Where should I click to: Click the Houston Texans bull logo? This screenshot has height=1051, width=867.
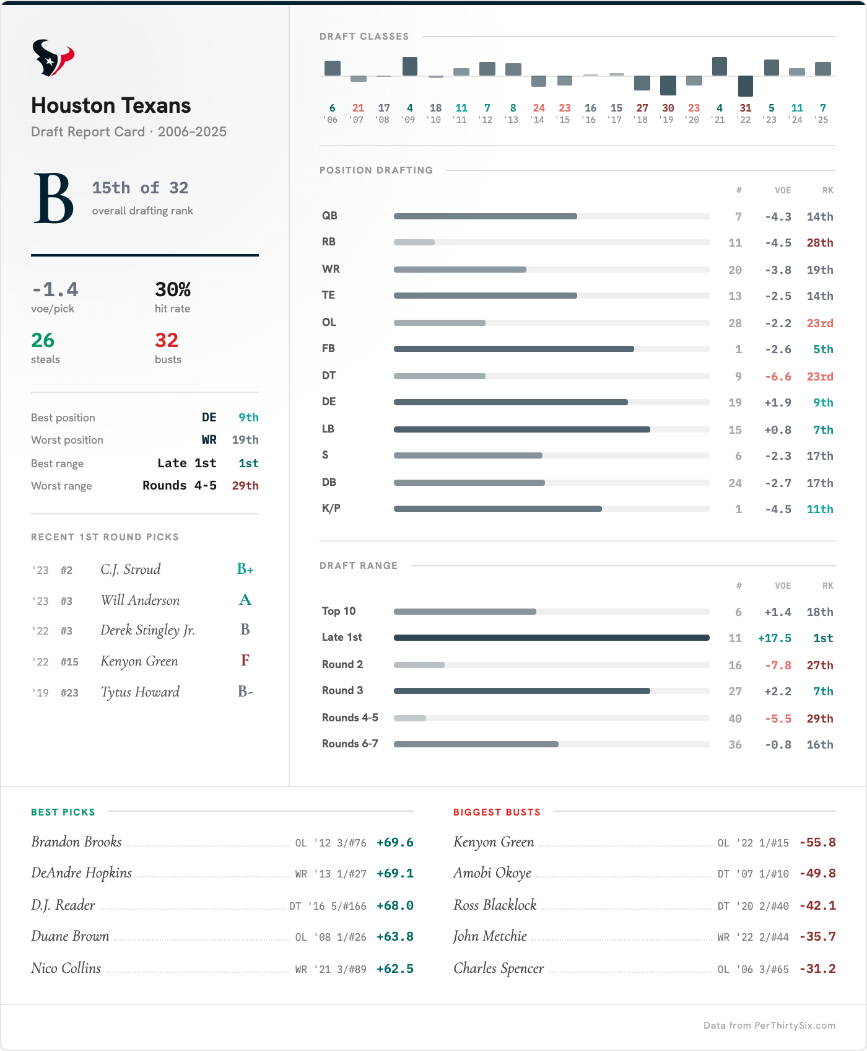(x=53, y=58)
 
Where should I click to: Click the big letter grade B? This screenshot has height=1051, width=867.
(x=53, y=198)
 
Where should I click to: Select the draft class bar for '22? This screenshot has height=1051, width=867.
(x=746, y=86)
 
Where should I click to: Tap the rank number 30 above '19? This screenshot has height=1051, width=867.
(x=668, y=108)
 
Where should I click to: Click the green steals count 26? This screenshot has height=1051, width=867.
(x=43, y=340)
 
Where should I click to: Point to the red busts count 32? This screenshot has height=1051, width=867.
(x=167, y=340)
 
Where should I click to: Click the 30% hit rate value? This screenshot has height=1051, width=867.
(x=172, y=289)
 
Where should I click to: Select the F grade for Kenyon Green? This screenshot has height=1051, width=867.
(x=245, y=661)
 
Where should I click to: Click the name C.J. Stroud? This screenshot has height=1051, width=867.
(x=131, y=569)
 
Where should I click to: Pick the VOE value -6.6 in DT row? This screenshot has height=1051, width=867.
(x=778, y=377)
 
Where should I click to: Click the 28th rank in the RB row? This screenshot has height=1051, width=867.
(x=819, y=243)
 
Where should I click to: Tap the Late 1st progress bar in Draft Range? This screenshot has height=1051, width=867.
(x=551, y=638)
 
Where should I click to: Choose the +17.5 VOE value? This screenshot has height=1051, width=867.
(x=774, y=638)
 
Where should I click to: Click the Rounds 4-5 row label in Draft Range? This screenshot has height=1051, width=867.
(x=350, y=718)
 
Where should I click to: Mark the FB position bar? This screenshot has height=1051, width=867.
(x=514, y=349)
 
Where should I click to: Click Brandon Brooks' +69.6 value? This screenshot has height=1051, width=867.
(x=394, y=843)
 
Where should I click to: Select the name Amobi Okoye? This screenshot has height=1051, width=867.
(x=492, y=873)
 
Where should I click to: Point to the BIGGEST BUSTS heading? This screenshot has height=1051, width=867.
(x=497, y=812)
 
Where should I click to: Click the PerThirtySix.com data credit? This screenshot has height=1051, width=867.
(x=769, y=1026)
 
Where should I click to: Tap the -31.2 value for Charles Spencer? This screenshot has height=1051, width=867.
(x=817, y=969)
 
